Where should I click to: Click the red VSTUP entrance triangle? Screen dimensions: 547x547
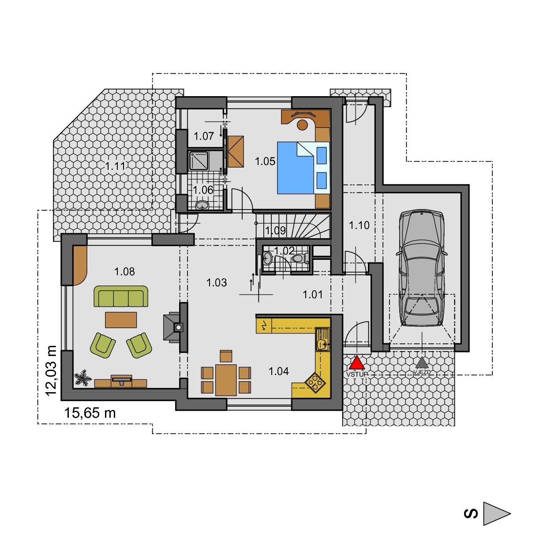point(356,363)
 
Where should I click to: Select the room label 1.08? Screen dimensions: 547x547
point(124,272)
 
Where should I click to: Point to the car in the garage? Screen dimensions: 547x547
point(422,268)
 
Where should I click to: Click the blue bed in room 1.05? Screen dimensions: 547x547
point(303,168)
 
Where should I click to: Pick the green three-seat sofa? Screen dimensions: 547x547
point(121,296)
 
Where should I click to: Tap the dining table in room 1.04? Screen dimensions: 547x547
point(226,380)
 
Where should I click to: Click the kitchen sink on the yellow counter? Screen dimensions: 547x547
point(323,340)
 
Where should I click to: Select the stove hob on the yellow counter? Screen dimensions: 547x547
point(315,383)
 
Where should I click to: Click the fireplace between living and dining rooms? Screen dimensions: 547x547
point(175,327)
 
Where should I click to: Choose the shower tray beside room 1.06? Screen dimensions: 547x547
point(199,161)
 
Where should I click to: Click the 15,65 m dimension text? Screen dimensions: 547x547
point(90,413)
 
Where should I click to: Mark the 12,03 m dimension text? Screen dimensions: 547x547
point(51,371)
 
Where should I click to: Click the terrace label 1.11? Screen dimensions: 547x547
point(115,166)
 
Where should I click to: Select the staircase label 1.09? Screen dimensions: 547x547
point(275,231)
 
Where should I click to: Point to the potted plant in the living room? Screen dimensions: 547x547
point(83,378)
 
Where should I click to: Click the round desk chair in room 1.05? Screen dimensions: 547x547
point(302,124)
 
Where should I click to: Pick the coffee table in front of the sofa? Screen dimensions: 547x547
point(121,320)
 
